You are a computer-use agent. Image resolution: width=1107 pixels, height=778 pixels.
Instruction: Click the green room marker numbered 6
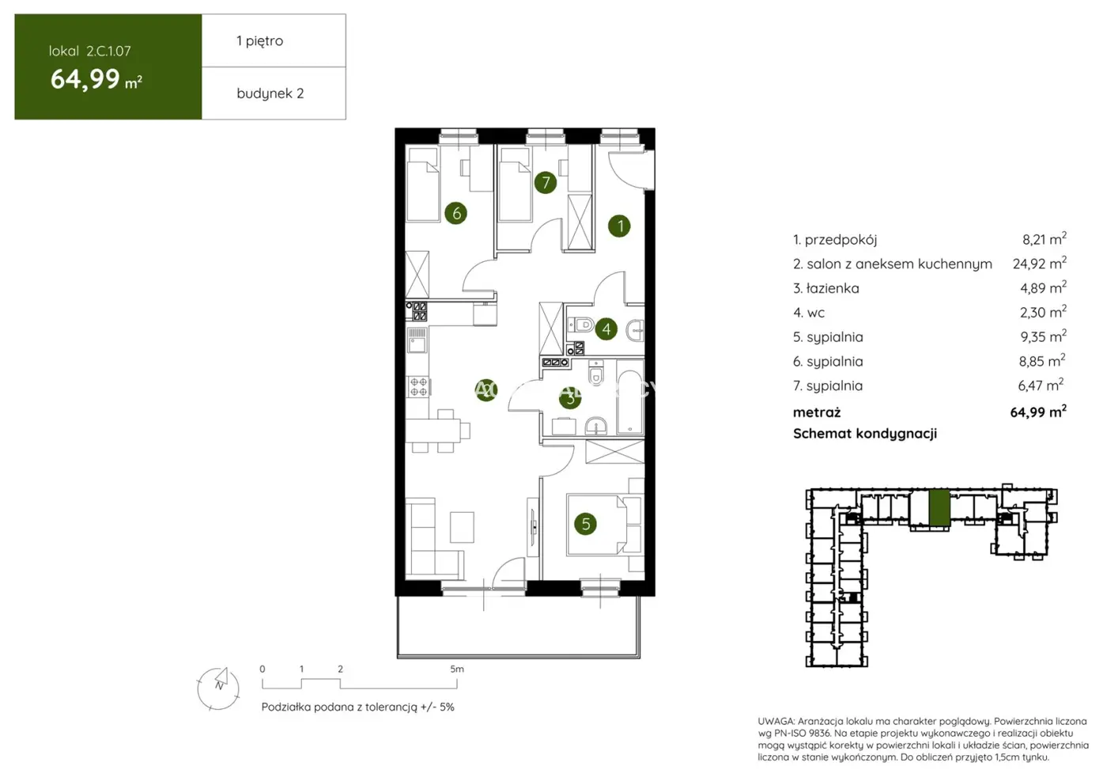[x=455, y=213]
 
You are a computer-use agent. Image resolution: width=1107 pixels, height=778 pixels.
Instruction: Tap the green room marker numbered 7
[x=546, y=183]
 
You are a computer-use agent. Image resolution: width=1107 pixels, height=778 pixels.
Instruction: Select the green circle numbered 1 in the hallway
[x=620, y=226]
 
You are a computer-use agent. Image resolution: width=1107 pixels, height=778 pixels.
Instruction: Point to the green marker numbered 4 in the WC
[x=606, y=328]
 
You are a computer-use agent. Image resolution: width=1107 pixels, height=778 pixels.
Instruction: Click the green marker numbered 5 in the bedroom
[x=586, y=523]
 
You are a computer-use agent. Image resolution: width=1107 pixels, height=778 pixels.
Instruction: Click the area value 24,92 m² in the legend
[x=1039, y=264]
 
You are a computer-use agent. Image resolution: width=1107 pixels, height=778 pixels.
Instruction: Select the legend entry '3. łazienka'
[x=826, y=288]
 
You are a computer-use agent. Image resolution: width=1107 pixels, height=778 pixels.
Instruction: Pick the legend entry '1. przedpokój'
[x=834, y=239]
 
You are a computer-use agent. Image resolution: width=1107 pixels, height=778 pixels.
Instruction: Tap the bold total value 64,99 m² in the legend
[x=1037, y=412]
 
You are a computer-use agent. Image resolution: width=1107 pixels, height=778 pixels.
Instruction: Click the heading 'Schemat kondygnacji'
[x=864, y=433]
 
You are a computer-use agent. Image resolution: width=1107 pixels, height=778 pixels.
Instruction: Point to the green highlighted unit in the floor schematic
[x=939, y=507]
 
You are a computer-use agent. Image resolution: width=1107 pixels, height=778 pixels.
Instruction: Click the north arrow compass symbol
[x=218, y=687]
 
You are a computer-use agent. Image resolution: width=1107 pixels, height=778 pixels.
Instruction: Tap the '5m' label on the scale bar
[x=457, y=669]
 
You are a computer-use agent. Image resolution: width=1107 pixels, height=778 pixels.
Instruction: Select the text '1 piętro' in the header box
[x=259, y=40]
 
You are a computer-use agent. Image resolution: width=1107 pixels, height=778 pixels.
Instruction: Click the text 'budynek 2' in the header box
[x=270, y=93]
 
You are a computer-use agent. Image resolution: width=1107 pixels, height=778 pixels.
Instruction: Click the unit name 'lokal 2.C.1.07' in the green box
[x=89, y=51]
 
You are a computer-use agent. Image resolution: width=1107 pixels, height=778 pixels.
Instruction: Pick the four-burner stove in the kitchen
[x=418, y=386]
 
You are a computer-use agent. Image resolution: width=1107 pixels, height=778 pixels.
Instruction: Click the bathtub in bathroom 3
[x=630, y=403]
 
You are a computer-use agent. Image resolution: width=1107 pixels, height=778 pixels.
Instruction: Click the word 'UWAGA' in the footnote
[x=775, y=721]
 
